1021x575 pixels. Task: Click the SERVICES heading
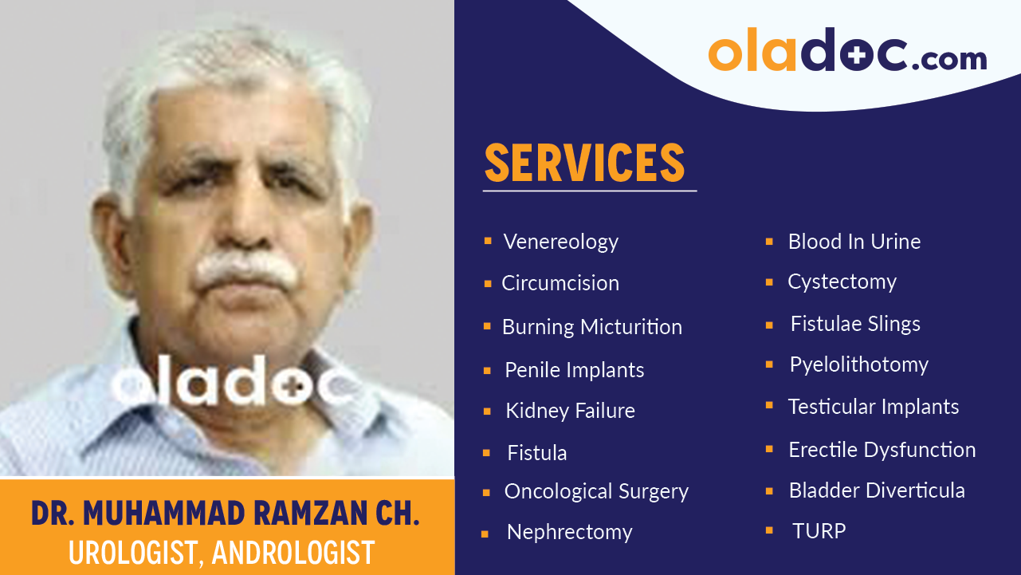pyautogui.click(x=584, y=163)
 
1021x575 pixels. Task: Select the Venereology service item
pyautogui.click(x=560, y=242)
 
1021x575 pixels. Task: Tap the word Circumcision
pyautogui.click(x=560, y=283)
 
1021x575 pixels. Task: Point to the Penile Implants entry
pyautogui.click(x=574, y=370)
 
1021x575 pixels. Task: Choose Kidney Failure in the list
pyautogui.click(x=570, y=411)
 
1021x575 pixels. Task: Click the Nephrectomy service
pyautogui.click(x=569, y=532)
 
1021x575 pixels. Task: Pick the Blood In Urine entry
pyautogui.click(x=854, y=242)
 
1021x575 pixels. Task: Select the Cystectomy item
pyautogui.click(x=842, y=282)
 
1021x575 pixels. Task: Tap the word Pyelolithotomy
pyautogui.click(x=858, y=364)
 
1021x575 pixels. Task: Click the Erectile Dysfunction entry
pyautogui.click(x=882, y=450)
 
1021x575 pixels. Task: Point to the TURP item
pyautogui.click(x=819, y=531)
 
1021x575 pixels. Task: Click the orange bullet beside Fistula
pyautogui.click(x=486, y=453)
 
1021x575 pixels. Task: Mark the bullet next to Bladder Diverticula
pyautogui.click(x=769, y=490)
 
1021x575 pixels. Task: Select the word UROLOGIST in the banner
pyautogui.click(x=131, y=553)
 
